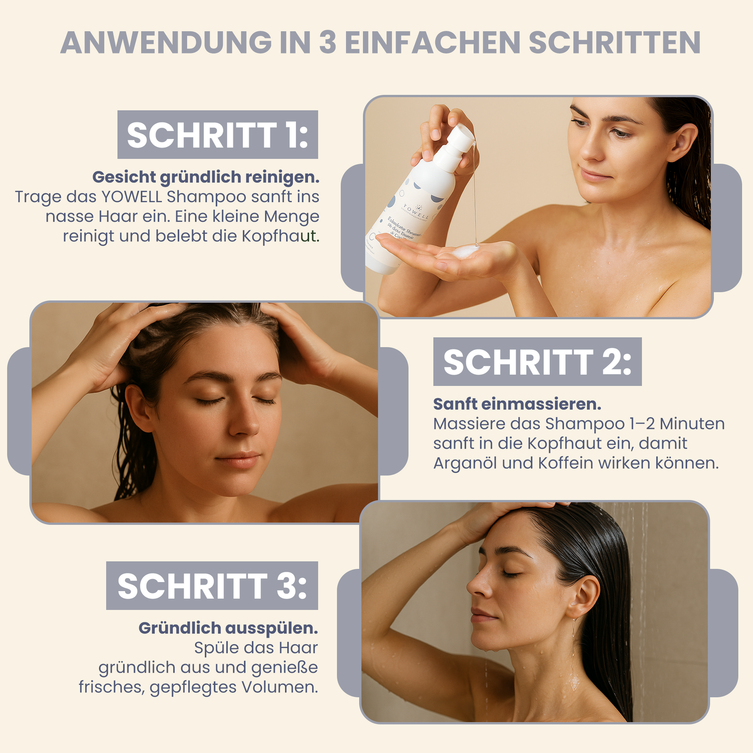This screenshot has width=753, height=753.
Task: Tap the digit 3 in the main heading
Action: (328, 43)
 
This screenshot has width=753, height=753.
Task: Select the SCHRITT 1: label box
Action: (217, 134)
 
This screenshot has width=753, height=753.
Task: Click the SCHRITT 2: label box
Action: (537, 362)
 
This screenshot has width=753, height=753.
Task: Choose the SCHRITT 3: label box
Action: (212, 586)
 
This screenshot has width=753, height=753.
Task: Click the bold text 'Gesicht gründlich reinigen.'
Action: (206, 177)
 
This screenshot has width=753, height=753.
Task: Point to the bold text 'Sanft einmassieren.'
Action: (517, 404)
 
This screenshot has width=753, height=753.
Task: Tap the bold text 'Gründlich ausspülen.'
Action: (228, 628)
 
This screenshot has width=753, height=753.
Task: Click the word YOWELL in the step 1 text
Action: (132, 197)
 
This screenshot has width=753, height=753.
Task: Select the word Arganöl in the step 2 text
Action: (465, 463)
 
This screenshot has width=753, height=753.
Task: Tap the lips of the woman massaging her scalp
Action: (238, 459)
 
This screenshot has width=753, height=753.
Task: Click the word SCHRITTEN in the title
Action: (614, 43)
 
